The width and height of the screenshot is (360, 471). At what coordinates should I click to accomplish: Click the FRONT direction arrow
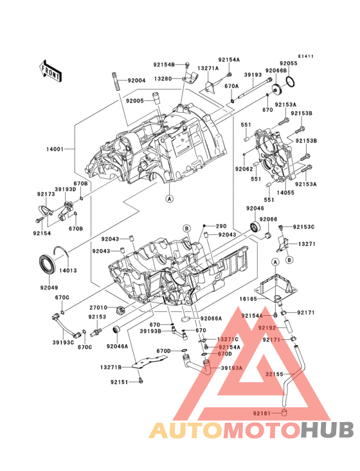click(51, 69)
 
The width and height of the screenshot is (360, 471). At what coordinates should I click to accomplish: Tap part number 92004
click(136, 80)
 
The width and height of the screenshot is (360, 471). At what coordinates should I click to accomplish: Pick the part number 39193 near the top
click(253, 75)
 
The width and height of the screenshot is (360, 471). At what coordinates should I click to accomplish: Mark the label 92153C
click(304, 226)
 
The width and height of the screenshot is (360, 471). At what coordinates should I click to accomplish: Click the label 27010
click(98, 308)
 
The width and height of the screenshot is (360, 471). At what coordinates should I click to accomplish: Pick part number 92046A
click(118, 346)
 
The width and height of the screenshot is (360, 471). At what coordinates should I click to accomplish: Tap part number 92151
click(119, 382)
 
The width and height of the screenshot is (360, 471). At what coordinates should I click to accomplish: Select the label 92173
click(45, 194)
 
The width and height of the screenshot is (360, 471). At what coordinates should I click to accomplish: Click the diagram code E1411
click(306, 56)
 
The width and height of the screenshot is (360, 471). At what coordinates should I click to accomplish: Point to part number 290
click(221, 226)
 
